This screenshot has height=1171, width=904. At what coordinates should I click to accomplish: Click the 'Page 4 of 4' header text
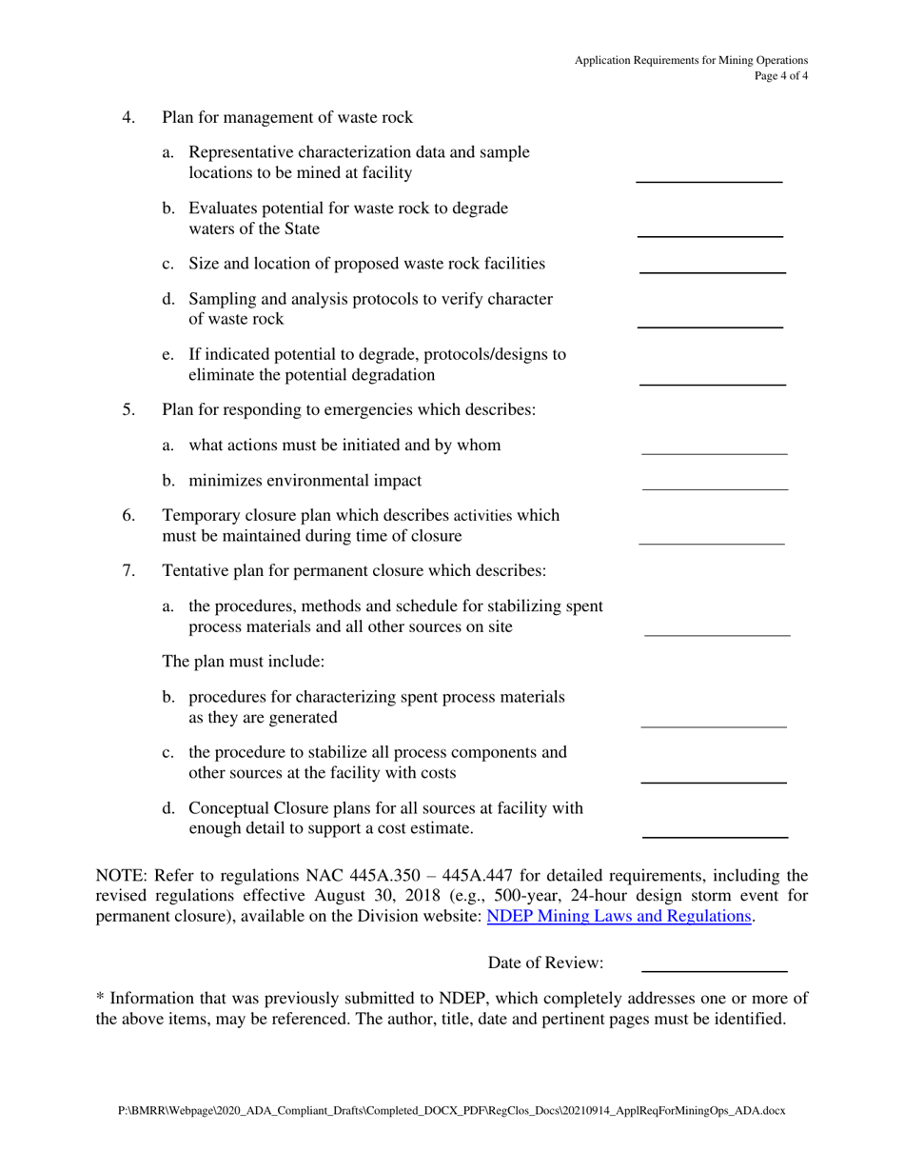[781, 77]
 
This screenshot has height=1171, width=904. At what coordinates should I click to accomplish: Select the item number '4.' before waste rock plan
[128, 118]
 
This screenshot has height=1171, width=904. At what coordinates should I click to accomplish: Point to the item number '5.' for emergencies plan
[128, 410]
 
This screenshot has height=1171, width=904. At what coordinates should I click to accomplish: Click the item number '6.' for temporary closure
[128, 515]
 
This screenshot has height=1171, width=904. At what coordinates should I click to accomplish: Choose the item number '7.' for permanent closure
[128, 571]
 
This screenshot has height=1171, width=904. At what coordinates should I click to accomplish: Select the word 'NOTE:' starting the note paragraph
[121, 875]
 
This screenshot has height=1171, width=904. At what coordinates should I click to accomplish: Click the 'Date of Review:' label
[545, 963]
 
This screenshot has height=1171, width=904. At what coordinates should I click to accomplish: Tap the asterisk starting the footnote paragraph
[100, 997]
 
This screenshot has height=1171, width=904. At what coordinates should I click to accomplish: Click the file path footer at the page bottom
[451, 1110]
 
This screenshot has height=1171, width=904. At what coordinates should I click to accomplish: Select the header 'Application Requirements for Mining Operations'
[691, 60]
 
